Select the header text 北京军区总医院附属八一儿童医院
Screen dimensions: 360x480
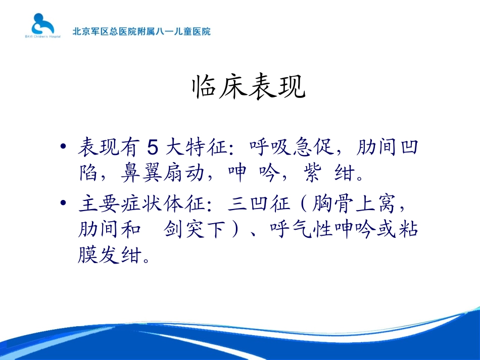tap(141, 31)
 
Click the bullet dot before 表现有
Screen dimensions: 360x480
tap(63, 147)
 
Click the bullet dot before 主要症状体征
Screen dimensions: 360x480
tap(63, 203)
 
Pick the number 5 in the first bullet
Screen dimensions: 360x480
tap(153, 148)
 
